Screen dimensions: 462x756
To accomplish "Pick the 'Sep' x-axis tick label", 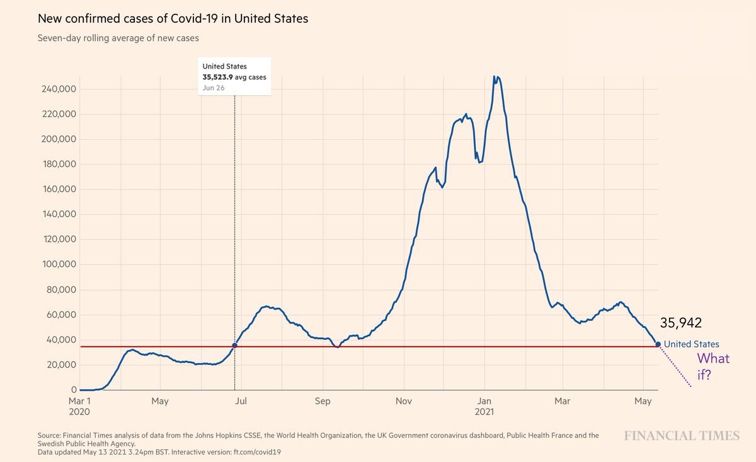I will click(323, 401).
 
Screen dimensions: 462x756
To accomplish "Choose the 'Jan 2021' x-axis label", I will click(484, 406).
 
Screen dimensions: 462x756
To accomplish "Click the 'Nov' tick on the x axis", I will click(404, 401).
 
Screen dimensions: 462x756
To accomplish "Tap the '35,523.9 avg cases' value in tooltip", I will click(234, 77).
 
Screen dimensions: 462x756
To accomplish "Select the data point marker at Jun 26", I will click(235, 345).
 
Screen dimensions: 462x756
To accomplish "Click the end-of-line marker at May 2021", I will click(658, 344).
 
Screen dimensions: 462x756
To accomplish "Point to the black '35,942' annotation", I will click(680, 323).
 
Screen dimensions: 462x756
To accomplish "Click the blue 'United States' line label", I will click(691, 344).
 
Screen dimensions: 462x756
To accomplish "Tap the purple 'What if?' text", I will click(713, 366).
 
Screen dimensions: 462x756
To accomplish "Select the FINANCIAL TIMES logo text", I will click(682, 436).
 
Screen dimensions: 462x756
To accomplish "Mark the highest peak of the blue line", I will click(494, 77).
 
